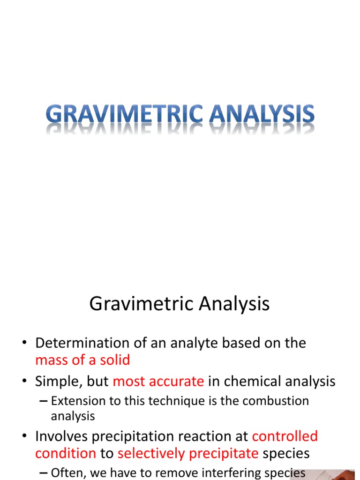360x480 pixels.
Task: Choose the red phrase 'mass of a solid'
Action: tap(82, 360)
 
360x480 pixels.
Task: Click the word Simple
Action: tap(58, 382)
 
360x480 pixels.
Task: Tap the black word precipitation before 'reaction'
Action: tap(137, 436)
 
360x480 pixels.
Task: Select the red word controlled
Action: tap(285, 436)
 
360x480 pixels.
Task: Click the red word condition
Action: tap(66, 454)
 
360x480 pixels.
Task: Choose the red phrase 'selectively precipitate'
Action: tap(188, 454)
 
